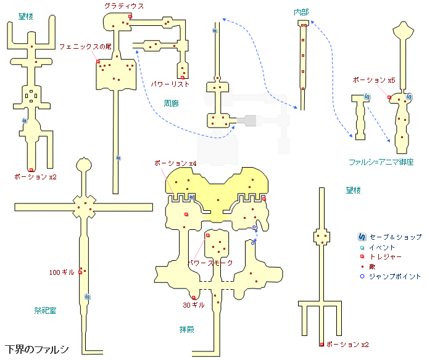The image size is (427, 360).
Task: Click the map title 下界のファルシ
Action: (36, 350)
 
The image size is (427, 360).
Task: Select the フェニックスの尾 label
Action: (85, 46)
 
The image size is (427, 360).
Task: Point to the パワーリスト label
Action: (170, 84)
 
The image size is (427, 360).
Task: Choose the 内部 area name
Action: (302, 12)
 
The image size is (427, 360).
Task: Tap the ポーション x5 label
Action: (373, 80)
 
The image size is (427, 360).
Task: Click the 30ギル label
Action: (194, 305)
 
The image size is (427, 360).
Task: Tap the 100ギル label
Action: (62, 272)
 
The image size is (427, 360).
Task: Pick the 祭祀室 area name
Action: (46, 310)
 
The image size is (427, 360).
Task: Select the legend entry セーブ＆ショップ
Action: (396, 237)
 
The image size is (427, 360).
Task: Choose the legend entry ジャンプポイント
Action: (395, 276)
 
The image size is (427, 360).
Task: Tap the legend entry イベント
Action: (382, 247)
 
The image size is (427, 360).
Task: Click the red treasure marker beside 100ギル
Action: (80, 272)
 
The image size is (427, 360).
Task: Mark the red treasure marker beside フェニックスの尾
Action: (98, 61)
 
